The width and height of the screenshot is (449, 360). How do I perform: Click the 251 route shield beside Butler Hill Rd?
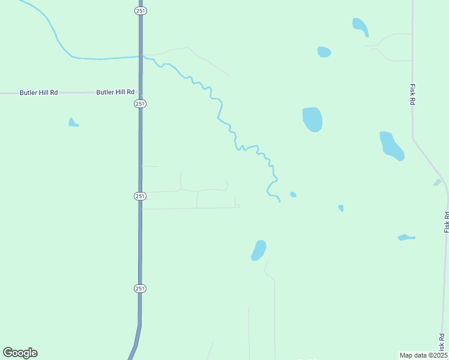click(139, 104)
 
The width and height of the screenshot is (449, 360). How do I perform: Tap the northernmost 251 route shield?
click(139, 11)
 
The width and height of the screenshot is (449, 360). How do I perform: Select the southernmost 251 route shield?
click(139, 289)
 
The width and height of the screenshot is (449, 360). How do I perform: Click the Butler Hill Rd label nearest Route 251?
click(115, 92)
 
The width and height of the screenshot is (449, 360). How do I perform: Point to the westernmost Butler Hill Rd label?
click(38, 92)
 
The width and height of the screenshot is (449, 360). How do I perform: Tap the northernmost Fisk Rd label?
click(413, 95)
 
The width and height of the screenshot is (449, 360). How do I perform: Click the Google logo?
click(20, 353)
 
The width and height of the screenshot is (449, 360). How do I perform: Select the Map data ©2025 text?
click(423, 355)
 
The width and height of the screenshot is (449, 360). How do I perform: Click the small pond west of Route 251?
click(73, 123)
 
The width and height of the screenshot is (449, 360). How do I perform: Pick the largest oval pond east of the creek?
click(312, 119)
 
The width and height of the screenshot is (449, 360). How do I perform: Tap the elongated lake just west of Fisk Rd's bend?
click(391, 146)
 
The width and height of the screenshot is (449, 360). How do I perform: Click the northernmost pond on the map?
click(360, 26)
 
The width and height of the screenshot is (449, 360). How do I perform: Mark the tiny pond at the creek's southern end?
click(293, 194)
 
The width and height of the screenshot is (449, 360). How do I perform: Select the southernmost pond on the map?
click(259, 250)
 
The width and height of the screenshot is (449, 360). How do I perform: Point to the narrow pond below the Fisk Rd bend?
click(406, 238)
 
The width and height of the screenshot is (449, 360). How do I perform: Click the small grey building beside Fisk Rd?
click(437, 182)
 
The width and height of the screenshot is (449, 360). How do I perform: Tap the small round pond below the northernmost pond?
click(324, 52)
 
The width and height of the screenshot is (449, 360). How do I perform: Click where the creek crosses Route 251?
click(140, 56)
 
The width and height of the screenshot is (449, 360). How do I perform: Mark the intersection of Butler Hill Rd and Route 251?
click(140, 92)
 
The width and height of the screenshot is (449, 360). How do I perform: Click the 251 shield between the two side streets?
click(139, 196)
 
